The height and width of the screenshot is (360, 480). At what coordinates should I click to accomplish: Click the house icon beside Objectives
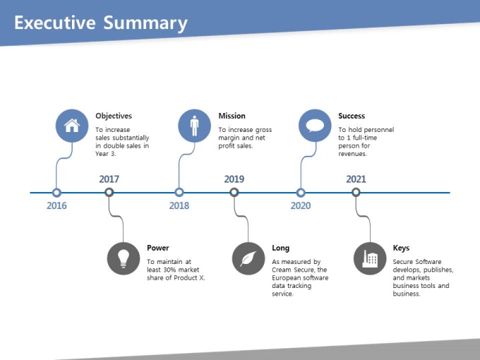[x=72, y=126]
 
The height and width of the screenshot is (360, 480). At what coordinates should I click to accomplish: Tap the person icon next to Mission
[x=194, y=126]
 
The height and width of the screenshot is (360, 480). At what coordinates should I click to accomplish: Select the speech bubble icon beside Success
[x=315, y=126]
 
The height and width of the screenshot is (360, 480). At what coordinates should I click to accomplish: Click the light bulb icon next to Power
[x=124, y=258]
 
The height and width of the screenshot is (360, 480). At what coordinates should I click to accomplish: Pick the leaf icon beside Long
[x=248, y=258]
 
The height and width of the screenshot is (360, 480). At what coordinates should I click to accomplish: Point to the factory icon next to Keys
[x=370, y=258]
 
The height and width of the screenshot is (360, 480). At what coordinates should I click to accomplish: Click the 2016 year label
[x=56, y=205]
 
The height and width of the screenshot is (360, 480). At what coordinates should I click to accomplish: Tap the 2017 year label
[x=109, y=179]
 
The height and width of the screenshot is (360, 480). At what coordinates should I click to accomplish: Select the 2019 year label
[x=234, y=179]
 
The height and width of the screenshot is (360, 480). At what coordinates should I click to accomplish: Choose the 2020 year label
[x=301, y=205]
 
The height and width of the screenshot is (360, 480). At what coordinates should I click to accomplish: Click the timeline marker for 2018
[x=179, y=193]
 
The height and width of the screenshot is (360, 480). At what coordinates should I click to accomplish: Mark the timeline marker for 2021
[x=356, y=192]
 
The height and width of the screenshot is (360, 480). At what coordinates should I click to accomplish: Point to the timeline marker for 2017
[x=109, y=192]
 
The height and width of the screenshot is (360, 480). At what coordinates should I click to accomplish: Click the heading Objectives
[x=114, y=116]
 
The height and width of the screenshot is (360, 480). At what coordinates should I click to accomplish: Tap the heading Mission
[x=232, y=116]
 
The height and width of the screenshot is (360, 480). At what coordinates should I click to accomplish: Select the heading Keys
[x=401, y=248]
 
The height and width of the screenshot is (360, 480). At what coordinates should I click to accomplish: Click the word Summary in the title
[x=145, y=23]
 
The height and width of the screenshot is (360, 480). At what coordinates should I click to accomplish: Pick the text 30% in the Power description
[x=169, y=270]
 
